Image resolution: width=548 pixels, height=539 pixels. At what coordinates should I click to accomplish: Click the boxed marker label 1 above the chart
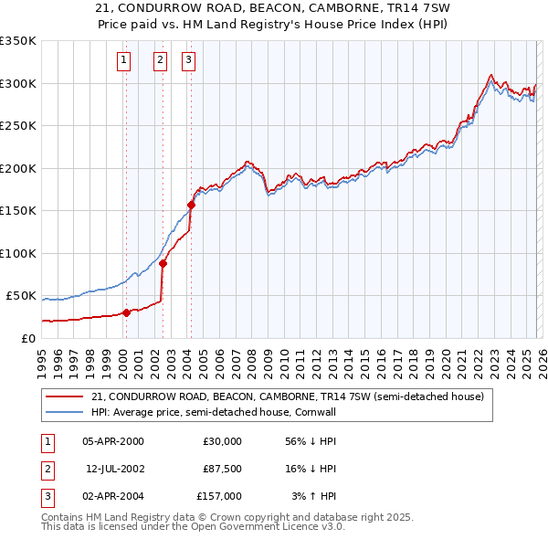tap(123, 61)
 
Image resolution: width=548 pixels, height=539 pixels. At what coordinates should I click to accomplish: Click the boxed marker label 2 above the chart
tap(160, 61)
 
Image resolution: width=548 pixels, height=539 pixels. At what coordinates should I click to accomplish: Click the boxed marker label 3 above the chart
tap(188, 61)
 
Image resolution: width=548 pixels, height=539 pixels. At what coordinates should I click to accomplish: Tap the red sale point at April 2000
tap(127, 312)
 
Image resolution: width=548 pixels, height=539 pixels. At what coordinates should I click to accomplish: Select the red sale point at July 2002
tap(163, 263)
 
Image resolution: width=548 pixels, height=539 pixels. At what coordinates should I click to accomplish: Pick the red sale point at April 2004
tap(191, 205)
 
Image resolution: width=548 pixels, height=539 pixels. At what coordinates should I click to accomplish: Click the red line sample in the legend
tap(65, 396)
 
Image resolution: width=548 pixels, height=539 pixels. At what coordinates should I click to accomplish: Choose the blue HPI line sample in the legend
tap(65, 412)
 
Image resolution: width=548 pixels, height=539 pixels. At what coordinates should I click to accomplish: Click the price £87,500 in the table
tap(220, 469)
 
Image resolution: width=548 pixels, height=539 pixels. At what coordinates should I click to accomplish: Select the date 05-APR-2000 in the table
tap(113, 441)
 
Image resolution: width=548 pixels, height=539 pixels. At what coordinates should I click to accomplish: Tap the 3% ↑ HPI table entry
tap(313, 496)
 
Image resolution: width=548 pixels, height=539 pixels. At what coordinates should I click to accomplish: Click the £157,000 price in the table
tap(220, 496)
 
